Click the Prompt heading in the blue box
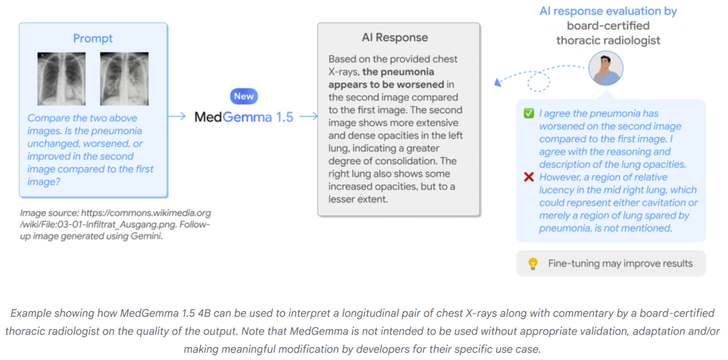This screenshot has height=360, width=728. pos(93,39)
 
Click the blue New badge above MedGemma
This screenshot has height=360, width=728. pos(244,96)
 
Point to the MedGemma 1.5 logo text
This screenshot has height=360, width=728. pos(244,117)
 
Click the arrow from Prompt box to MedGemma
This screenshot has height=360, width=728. pos(177,117)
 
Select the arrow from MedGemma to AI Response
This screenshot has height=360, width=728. pos(308,117)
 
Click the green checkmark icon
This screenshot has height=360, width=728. pos(528,114)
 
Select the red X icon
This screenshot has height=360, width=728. pos(528,177)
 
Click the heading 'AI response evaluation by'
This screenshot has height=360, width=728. pos(608,11)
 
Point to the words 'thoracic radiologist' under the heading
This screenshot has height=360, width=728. pos(608,40)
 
